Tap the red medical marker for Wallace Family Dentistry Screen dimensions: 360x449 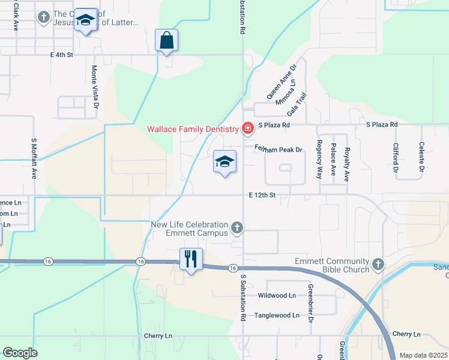point(246,128)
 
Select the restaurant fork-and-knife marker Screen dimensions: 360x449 point(191,259)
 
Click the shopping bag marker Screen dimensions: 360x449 point(166,41)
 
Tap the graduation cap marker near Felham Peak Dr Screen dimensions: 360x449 point(224,161)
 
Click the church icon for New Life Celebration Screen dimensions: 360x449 point(238,227)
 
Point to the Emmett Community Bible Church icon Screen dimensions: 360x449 point(378,264)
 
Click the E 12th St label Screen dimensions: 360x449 point(262,195)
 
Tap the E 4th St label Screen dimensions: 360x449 point(61,55)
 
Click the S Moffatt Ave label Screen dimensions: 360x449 point(34,158)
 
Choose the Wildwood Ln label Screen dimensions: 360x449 point(277,296)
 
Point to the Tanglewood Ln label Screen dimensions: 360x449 point(277,315)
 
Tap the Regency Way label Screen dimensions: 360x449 point(319,159)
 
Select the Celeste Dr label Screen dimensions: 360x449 point(422,157)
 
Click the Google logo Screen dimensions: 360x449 point(20,353)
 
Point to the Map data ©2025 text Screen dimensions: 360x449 point(423,355)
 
